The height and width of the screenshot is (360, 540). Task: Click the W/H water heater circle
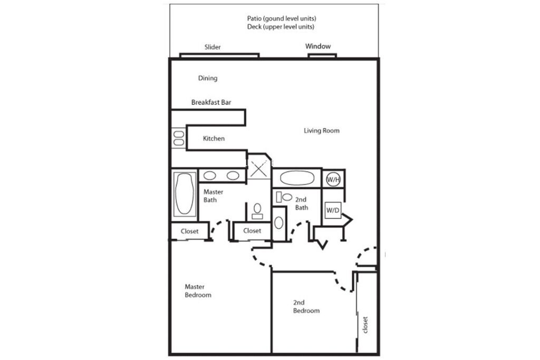tap(333, 179)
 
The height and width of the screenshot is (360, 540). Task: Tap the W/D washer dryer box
tap(333, 210)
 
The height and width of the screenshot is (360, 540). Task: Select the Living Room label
tap(321, 130)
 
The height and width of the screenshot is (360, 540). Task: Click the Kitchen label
tap(214, 138)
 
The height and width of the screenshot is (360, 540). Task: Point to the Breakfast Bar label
tap(211, 102)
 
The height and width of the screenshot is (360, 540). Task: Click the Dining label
tap(208, 78)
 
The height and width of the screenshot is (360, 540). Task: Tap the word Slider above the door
tap(213, 47)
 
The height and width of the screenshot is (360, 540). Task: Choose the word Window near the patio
tap(318, 46)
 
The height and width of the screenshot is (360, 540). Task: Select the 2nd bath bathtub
tap(297, 178)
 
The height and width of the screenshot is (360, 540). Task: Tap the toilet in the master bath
tap(257, 211)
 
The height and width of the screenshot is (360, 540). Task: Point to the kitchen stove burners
tap(178, 138)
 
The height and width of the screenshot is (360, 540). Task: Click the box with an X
tap(259, 169)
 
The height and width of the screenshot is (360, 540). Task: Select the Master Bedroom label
tap(198, 291)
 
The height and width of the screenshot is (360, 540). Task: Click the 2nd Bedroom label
tap(306, 307)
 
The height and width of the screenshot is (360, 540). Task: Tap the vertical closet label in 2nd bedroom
tap(365, 325)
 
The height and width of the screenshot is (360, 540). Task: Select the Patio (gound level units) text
tap(282, 18)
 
